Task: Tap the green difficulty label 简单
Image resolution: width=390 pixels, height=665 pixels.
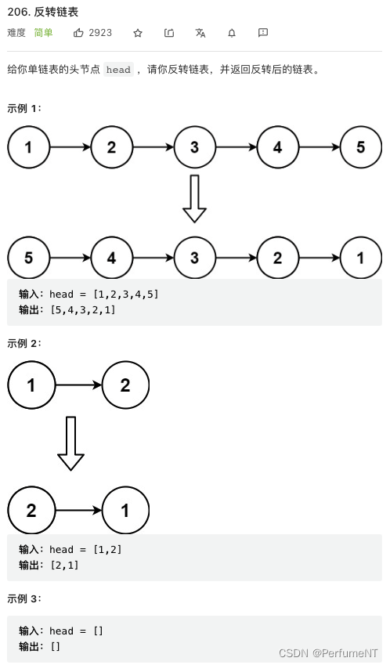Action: [43, 33]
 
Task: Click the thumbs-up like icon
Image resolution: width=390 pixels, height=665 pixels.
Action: [78, 33]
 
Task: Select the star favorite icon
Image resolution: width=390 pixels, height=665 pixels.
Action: [138, 33]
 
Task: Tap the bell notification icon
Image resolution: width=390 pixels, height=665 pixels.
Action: [232, 33]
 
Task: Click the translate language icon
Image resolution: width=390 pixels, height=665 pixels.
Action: [200, 33]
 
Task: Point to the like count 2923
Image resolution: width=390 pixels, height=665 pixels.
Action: [100, 33]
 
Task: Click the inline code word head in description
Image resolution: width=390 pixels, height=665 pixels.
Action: [118, 70]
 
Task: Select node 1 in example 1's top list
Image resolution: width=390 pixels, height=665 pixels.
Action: [29, 147]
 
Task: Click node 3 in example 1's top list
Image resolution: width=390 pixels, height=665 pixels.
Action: [194, 147]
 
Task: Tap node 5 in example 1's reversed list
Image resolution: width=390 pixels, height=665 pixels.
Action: [29, 258]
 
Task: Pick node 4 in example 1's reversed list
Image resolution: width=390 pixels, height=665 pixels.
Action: [112, 258]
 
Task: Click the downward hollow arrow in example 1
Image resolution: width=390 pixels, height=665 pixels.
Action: [194, 199]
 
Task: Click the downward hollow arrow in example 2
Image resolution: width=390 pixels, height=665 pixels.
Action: [71, 443]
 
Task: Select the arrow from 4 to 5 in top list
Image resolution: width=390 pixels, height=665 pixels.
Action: [319, 147]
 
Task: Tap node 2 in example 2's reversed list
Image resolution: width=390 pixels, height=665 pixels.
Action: [31, 511]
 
